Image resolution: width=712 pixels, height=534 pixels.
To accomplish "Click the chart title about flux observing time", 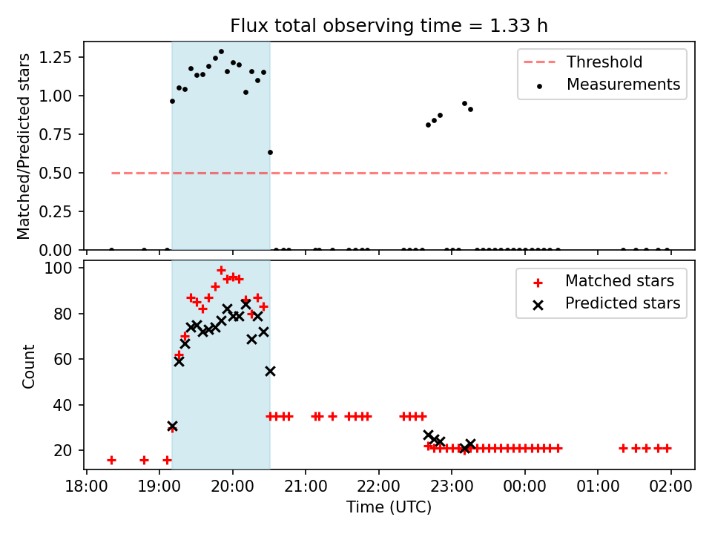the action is click(x=389, y=25).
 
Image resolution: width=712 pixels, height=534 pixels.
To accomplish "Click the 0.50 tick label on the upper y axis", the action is click(x=55, y=173).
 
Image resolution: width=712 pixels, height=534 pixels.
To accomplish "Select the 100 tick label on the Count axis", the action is click(x=58, y=268).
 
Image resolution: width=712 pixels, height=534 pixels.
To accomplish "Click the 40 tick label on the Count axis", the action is click(x=62, y=405).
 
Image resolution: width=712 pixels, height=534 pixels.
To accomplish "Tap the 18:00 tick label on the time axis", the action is click(x=86, y=487).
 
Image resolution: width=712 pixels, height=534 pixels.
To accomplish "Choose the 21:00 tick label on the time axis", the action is click(x=305, y=487).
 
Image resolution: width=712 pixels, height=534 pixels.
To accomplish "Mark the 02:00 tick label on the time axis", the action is click(x=670, y=487).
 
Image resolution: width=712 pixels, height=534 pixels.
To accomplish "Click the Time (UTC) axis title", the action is click(x=389, y=507).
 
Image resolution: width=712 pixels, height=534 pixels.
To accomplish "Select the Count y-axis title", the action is click(x=28, y=366).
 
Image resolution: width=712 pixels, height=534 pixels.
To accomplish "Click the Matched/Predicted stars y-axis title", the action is click(x=23, y=146).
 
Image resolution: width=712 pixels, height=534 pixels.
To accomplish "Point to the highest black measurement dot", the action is click(x=221, y=52).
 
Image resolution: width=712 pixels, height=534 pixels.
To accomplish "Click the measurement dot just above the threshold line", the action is click(x=270, y=153).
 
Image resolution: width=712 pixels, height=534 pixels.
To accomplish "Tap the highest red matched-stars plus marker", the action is click(x=221, y=271).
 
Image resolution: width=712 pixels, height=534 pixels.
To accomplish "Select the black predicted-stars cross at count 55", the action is click(x=270, y=372).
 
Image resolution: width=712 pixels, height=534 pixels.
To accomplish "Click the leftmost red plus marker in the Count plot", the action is click(x=111, y=461).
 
